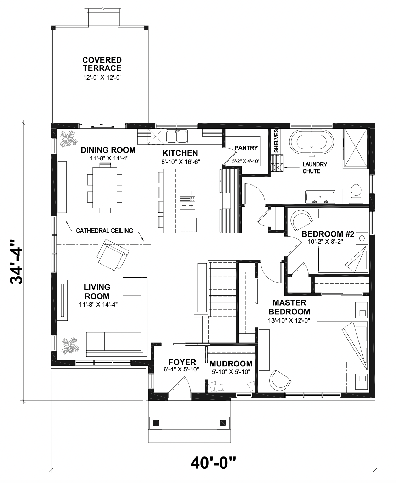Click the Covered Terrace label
click(102, 64)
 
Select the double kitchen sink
click(177, 136)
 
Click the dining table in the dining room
click(105, 188)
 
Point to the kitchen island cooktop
click(187, 199)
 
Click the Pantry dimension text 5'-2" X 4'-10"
click(246, 161)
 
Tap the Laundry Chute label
click(315, 167)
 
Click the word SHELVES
click(276, 141)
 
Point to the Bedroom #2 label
click(328, 234)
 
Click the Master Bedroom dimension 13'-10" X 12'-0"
click(289, 320)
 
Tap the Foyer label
click(182, 362)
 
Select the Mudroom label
click(231, 364)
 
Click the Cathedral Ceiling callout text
click(104, 231)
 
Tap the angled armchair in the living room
click(113, 255)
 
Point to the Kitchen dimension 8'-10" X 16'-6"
click(181, 162)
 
